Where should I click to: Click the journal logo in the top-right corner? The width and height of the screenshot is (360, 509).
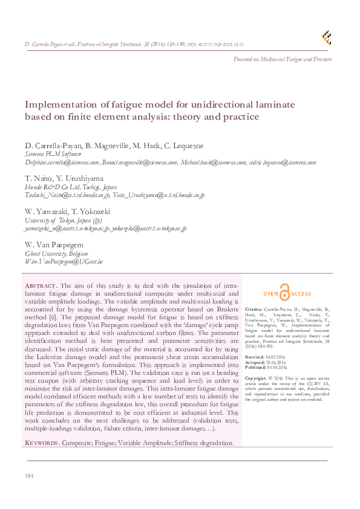(x=327, y=37)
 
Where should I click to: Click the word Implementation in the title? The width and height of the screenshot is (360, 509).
(x=62, y=104)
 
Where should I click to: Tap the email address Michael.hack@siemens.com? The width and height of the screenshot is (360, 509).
(x=211, y=163)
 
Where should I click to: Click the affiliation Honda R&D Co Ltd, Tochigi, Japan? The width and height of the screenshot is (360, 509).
(x=71, y=187)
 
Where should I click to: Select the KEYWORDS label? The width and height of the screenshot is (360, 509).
(x=42, y=443)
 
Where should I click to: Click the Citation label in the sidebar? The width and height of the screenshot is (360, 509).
(x=254, y=308)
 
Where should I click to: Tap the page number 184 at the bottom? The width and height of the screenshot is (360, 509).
(x=28, y=477)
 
